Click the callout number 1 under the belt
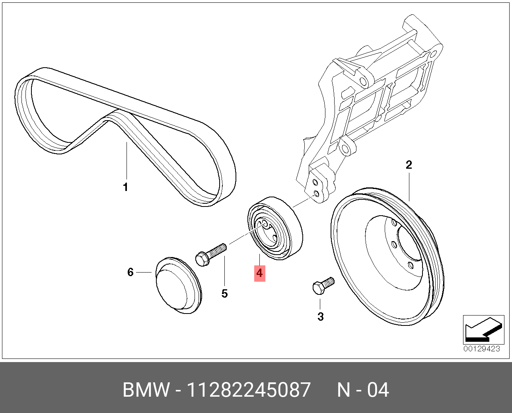(x=126, y=187)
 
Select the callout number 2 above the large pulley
(x=409, y=165)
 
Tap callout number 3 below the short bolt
(x=321, y=317)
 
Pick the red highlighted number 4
(x=259, y=273)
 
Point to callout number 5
(x=225, y=294)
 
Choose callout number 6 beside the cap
(x=130, y=272)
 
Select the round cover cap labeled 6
(x=179, y=285)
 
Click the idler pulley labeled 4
(x=275, y=228)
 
